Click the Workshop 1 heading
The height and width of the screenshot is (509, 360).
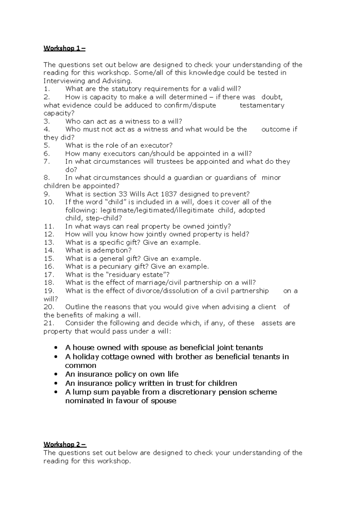click(x=64, y=48)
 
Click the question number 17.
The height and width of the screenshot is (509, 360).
click(x=49, y=275)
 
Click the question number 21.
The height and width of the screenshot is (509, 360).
click(x=49, y=323)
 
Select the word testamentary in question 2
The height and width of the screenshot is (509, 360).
click(x=262, y=105)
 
